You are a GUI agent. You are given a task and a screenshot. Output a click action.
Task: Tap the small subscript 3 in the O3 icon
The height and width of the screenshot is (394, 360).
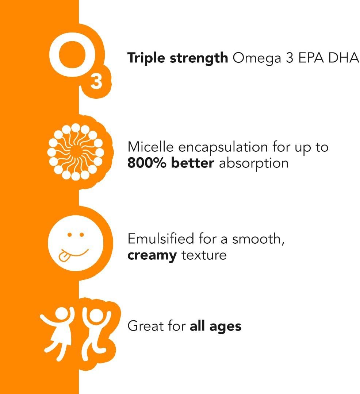click(x=96, y=82)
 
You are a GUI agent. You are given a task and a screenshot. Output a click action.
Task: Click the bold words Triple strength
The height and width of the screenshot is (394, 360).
click(x=177, y=58)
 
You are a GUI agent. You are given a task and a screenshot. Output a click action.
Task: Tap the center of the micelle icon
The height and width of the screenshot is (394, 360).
click(x=76, y=151)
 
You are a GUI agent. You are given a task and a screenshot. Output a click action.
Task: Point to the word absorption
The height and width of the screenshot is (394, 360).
click(x=253, y=163)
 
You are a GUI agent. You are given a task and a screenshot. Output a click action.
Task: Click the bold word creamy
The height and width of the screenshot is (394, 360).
click(x=152, y=255)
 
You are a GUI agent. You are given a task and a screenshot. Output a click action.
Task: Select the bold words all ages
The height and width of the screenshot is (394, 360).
click(x=215, y=326)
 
